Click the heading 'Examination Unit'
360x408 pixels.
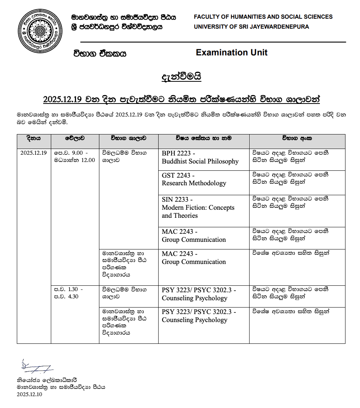(232, 53)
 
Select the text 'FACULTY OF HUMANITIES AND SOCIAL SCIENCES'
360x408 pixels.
(263, 17)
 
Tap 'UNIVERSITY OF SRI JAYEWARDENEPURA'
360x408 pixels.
(251, 27)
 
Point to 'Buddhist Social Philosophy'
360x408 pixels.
(200, 162)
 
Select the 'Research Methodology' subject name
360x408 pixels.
(194, 183)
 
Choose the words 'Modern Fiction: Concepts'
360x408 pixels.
(198, 208)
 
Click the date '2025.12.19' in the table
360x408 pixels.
(34, 153)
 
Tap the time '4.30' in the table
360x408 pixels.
(73, 296)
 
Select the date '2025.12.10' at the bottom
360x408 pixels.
(29, 395)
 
